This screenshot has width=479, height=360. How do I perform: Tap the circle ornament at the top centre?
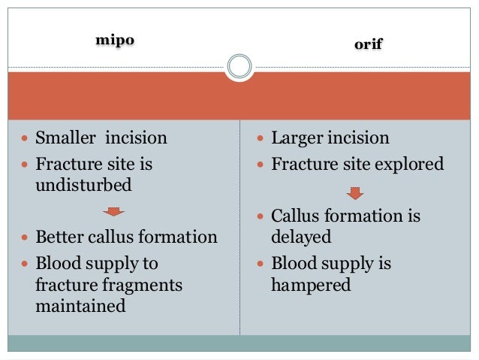(x=239, y=66)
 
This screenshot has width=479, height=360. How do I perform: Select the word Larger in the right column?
(x=300, y=138)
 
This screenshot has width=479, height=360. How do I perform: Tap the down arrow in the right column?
(x=355, y=193)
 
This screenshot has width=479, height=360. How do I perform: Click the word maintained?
(x=80, y=307)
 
